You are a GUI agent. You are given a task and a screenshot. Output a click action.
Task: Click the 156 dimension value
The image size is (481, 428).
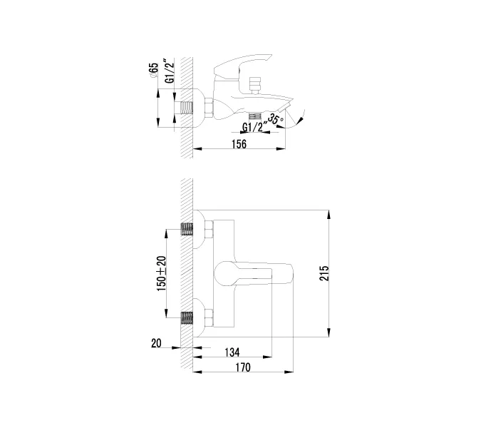(239, 143)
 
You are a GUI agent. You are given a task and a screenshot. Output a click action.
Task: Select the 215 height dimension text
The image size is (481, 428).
(324, 273)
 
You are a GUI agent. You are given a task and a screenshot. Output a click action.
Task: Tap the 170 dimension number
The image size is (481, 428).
(243, 367)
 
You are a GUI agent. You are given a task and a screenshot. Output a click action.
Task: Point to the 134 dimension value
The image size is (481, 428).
(232, 352)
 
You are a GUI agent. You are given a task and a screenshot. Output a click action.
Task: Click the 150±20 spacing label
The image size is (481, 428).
(161, 274)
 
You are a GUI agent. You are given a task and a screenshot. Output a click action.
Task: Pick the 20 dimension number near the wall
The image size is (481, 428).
(156, 343)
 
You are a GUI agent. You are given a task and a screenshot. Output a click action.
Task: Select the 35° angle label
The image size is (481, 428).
(275, 119)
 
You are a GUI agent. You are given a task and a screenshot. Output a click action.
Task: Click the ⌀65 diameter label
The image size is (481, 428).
(153, 71)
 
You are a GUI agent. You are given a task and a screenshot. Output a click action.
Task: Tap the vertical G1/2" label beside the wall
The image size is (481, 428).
(170, 71)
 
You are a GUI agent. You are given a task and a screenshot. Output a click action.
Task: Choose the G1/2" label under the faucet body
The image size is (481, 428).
(253, 127)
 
